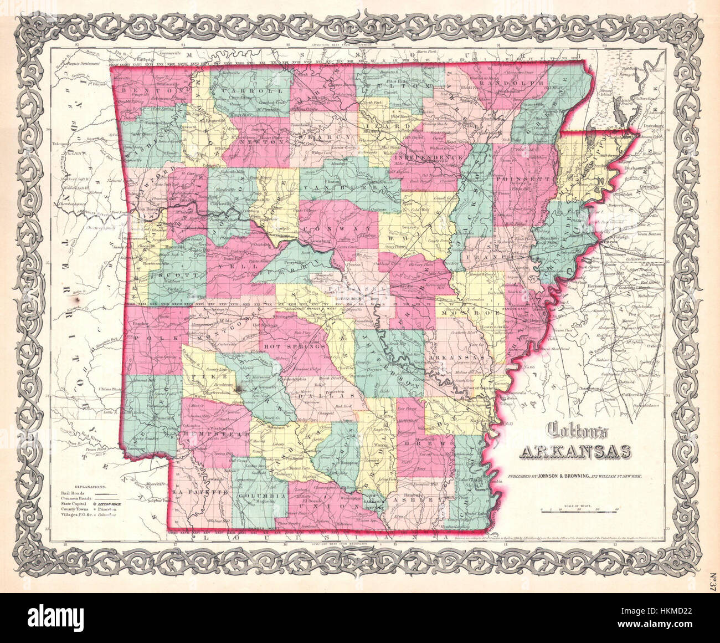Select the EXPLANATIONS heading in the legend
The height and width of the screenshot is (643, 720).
[81, 484]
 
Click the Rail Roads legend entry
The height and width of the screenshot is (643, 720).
[72, 492]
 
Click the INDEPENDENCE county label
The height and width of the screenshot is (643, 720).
[430, 157]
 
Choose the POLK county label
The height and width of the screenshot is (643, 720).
[145, 336]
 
